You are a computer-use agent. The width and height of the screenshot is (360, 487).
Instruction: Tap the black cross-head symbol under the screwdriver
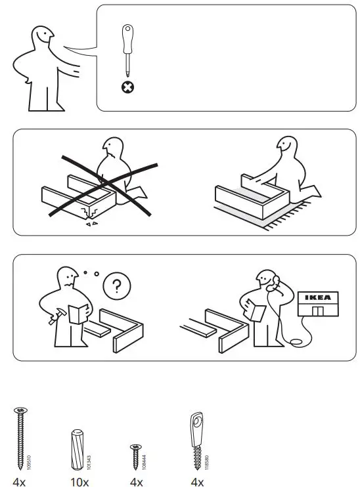coord(127,87)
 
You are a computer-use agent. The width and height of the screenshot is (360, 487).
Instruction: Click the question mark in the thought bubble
coord(116,286)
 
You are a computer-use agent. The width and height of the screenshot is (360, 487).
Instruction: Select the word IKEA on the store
coord(320,297)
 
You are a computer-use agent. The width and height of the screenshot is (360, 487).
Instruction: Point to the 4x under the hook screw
coord(196,482)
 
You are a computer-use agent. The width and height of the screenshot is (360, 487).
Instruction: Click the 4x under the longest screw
coord(19,482)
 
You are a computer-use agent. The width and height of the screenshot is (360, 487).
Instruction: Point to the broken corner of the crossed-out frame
coord(85,214)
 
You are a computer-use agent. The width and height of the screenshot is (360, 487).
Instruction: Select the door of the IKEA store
coord(319,311)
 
